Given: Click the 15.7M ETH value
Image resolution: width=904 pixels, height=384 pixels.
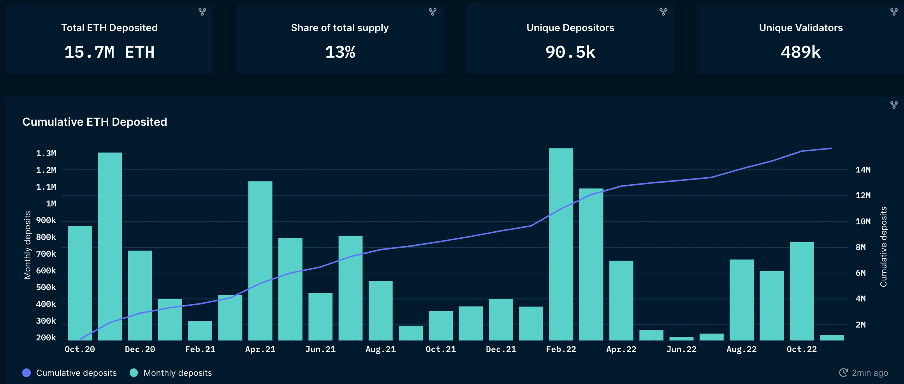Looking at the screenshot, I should [109, 52].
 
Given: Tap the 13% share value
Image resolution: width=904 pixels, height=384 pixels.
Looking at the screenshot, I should [340, 52].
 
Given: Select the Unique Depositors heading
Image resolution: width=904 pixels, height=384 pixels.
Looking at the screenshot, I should [570, 28].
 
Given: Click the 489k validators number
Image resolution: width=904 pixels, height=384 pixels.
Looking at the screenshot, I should [800, 52].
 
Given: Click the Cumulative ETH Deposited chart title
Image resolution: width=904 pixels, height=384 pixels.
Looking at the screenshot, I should [95, 122].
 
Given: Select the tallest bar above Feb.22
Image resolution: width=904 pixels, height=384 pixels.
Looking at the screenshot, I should [561, 244].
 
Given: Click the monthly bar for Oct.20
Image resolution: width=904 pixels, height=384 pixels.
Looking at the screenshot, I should [80, 283].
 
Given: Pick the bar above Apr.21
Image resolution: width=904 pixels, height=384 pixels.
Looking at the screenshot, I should [260, 261].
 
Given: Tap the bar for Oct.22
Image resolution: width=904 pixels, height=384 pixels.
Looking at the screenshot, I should [802, 291].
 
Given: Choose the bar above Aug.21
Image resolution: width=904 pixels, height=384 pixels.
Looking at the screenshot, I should [380, 310].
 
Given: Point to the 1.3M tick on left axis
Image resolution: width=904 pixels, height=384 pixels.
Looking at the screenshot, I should [46, 153].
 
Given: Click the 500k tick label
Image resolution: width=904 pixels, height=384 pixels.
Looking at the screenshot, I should [46, 287].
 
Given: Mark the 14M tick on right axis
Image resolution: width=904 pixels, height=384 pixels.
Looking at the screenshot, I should [863, 170].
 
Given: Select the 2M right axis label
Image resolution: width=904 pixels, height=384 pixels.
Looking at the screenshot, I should [860, 325].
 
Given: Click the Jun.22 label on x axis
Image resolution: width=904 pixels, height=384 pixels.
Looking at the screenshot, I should [681, 349].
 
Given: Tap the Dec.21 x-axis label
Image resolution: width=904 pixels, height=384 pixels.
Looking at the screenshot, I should [501, 349].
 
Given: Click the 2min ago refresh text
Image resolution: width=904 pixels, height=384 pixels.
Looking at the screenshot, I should [869, 373].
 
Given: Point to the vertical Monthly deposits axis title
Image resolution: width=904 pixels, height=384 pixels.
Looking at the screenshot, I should [27, 245].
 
